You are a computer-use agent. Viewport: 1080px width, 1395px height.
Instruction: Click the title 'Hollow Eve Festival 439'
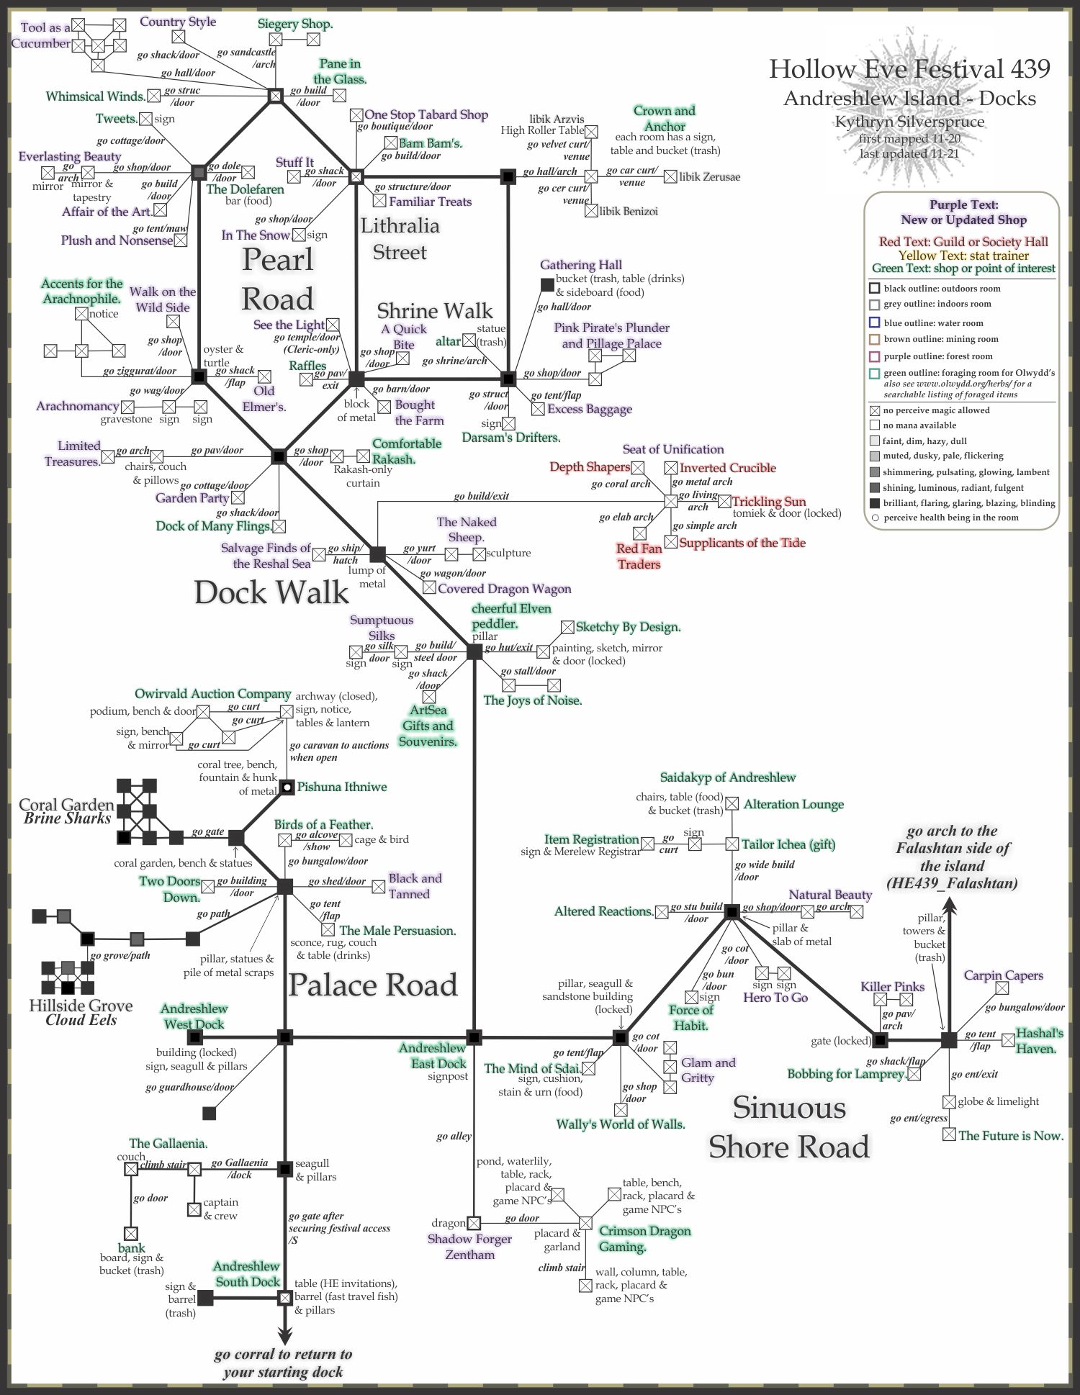[909, 69]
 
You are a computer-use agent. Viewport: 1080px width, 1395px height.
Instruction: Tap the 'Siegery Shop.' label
[295, 24]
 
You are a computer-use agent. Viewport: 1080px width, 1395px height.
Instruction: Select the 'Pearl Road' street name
[278, 279]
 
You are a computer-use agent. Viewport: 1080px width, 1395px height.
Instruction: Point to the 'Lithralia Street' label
[400, 239]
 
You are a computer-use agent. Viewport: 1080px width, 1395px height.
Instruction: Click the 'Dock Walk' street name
[271, 592]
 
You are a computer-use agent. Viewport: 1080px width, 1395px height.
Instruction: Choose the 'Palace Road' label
[373, 985]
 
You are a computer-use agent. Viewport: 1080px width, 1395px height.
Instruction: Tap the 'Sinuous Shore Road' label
[789, 1127]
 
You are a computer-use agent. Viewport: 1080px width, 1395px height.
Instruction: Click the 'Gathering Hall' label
[581, 265]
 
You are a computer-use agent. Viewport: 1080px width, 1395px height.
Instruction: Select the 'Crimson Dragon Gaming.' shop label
[645, 1238]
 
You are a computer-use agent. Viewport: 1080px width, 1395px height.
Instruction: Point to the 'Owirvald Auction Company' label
[212, 694]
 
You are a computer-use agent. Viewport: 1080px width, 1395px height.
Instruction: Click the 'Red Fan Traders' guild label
[639, 556]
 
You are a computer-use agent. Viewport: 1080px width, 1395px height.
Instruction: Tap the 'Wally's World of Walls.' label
[621, 1124]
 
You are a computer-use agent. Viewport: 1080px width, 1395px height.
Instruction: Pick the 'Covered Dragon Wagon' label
[505, 589]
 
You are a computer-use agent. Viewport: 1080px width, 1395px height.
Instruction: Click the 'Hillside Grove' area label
[81, 1006]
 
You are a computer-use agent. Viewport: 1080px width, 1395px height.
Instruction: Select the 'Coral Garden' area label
[66, 805]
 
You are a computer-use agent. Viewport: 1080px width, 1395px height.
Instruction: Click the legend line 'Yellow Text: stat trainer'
[963, 255]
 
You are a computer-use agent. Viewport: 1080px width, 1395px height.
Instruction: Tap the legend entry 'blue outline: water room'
[933, 323]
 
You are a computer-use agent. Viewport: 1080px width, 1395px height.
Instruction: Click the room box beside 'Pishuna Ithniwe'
[287, 787]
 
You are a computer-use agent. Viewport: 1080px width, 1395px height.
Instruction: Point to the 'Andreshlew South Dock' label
[247, 1274]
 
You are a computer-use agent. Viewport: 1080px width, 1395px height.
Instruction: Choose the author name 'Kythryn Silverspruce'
[909, 122]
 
